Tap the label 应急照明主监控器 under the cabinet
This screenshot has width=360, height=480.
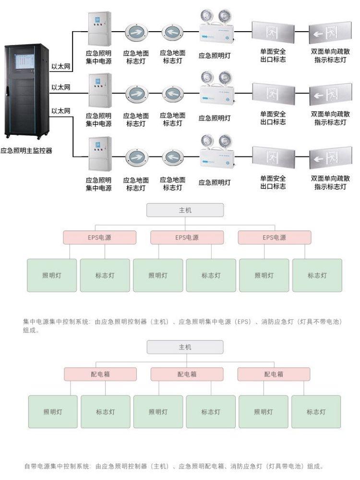coord(26,150)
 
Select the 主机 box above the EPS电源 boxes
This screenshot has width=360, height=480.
coord(185,210)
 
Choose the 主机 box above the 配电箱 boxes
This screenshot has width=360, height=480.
coord(185,347)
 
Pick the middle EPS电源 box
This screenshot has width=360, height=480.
coord(187,238)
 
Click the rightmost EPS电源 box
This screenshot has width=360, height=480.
coord(274,238)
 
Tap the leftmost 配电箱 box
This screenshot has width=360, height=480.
coord(100,374)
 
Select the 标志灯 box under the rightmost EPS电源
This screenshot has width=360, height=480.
coord(317,276)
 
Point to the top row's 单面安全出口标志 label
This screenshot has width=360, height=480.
coord(273,56)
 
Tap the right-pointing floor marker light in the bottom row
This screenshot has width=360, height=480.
coord(136,157)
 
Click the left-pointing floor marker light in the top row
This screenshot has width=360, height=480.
coord(172,33)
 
